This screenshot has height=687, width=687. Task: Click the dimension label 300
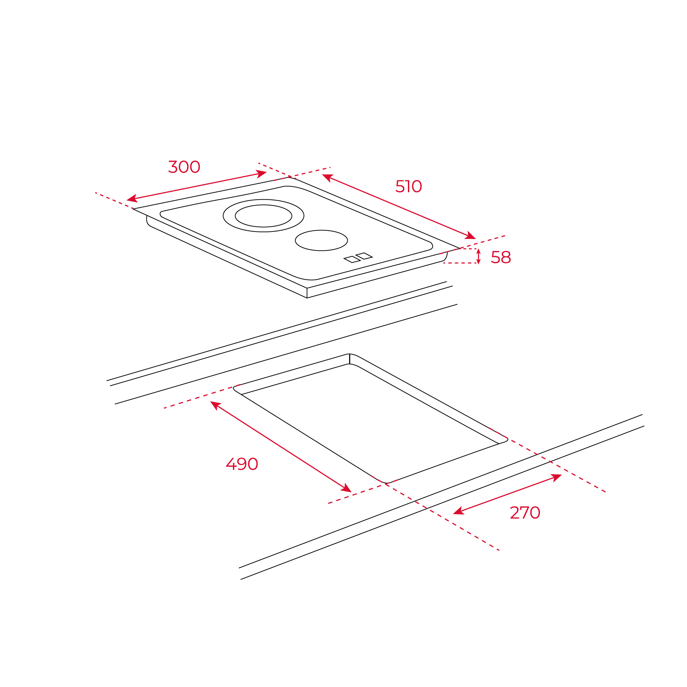click(x=184, y=167)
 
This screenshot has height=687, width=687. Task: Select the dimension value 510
click(x=409, y=186)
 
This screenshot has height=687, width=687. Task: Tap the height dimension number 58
click(x=501, y=257)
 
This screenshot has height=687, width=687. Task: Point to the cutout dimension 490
click(x=242, y=464)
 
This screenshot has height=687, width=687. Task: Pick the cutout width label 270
click(x=525, y=513)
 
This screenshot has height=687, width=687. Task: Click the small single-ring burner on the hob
click(x=321, y=240)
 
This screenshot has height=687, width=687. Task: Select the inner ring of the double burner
click(x=263, y=216)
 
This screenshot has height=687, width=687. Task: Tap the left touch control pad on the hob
click(x=352, y=259)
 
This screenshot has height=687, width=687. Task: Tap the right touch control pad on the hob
click(x=364, y=256)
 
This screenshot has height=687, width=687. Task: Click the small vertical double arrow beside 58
click(x=478, y=256)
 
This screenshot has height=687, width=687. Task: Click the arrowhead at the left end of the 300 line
click(x=132, y=199)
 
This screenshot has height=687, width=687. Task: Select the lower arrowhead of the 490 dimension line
click(x=346, y=488)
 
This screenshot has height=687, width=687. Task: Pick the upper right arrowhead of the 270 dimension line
click(x=556, y=477)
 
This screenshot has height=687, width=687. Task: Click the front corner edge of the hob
click(x=307, y=293)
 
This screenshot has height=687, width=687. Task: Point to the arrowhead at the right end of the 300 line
click(x=262, y=174)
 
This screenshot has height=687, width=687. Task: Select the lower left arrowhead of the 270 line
click(x=459, y=511)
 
